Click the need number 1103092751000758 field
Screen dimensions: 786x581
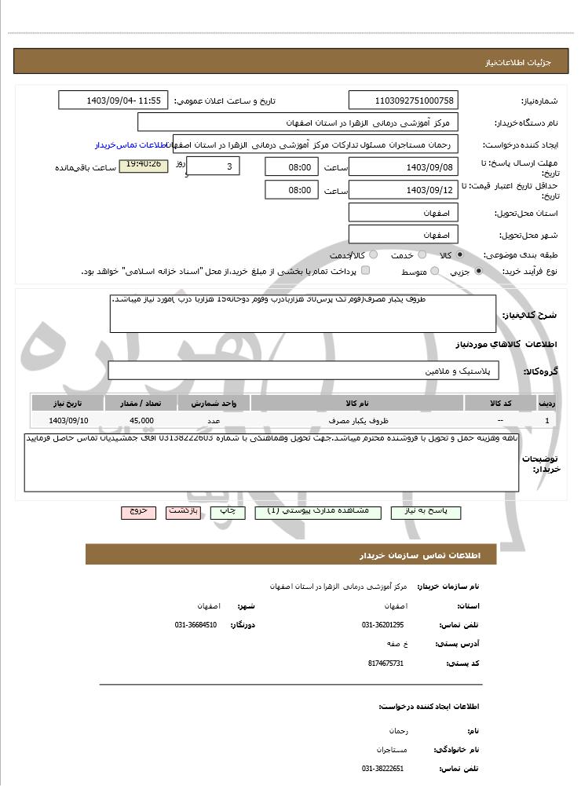[402, 101]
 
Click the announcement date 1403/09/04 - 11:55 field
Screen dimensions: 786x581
[113, 101]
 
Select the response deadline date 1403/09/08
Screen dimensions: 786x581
[402, 166]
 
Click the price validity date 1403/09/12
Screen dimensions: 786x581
[402, 190]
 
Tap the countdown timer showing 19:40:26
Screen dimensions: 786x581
[143, 165]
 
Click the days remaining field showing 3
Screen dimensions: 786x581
[214, 166]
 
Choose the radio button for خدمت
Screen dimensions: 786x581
[422, 255]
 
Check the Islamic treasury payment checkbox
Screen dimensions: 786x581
[365, 271]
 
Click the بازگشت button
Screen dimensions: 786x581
[183, 511]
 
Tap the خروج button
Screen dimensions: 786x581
[138, 511]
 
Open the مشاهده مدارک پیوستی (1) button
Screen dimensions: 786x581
[318, 511]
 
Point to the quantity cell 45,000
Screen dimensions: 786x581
[141, 420]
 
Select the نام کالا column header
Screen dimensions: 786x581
[356, 403]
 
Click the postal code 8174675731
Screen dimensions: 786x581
[385, 663]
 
